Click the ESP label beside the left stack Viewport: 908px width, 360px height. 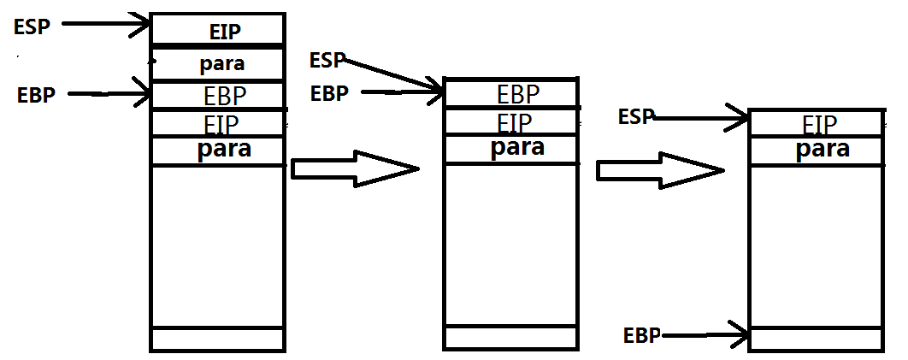[32, 26]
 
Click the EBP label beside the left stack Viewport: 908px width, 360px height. [36, 95]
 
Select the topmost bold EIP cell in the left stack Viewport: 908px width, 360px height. [226, 32]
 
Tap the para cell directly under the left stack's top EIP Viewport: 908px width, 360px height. [221, 63]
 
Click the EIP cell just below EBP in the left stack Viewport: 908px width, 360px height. [221, 124]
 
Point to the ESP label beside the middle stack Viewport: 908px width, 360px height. [327, 60]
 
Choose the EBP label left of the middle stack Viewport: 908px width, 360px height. [329, 93]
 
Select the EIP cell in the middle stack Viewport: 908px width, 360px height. [515, 122]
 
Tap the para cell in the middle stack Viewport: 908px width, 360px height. [517, 147]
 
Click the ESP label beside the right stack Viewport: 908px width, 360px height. [635, 116]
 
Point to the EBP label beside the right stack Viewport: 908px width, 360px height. [642, 335]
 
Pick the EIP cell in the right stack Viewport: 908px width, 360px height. [819, 125]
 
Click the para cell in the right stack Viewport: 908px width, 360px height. [823, 149]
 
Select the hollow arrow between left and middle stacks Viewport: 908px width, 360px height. [354, 168]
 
